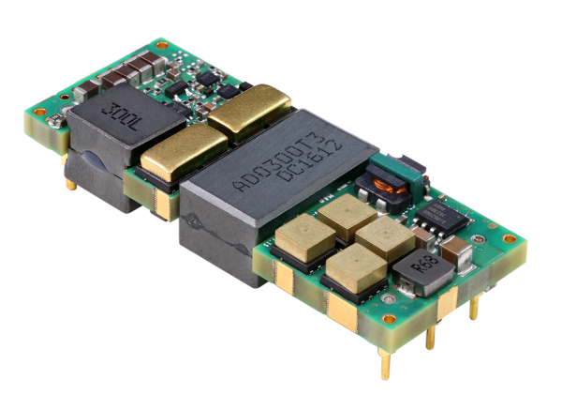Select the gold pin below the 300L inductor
pos(71,185)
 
